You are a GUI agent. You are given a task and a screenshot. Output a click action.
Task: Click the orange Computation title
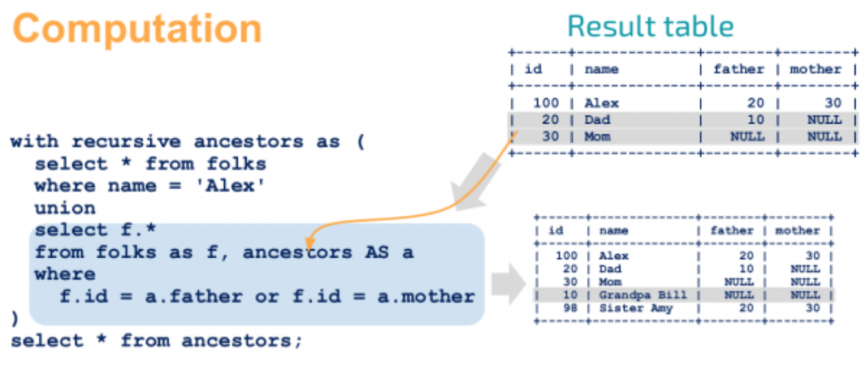pyautogui.click(x=137, y=29)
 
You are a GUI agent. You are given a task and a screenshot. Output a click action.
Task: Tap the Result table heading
pyautogui.click(x=650, y=26)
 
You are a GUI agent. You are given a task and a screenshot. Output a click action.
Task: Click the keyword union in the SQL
pyautogui.click(x=65, y=208)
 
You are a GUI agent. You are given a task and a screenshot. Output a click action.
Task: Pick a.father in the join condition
pyautogui.click(x=194, y=296)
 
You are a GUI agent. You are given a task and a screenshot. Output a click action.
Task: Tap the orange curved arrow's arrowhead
pyautogui.click(x=311, y=242)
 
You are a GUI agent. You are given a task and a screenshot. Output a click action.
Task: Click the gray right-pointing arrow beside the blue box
pyautogui.click(x=508, y=284)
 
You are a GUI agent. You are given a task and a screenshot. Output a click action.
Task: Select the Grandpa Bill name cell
pyautogui.click(x=643, y=295)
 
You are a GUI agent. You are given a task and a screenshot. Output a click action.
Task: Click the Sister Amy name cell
pyautogui.click(x=636, y=308)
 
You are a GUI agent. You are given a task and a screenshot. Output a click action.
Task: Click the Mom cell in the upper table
pyautogui.click(x=597, y=136)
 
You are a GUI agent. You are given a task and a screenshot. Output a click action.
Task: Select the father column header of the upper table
pyautogui.click(x=739, y=70)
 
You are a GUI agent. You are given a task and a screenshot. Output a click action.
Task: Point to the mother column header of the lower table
pyautogui.click(x=798, y=231)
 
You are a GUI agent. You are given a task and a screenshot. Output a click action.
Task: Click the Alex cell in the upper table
pyautogui.click(x=601, y=103)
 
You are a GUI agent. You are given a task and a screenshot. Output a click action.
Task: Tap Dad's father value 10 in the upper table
pyautogui.click(x=755, y=119)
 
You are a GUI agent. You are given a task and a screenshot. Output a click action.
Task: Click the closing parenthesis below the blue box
pyautogui.click(x=15, y=319)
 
